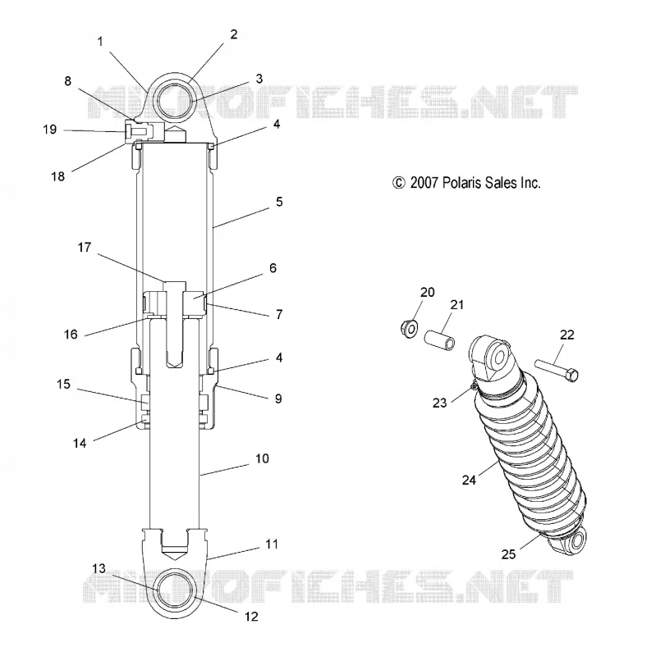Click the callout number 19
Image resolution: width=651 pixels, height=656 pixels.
(50, 130)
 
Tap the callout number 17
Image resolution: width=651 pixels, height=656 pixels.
(85, 248)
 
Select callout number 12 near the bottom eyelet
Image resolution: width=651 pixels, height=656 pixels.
(251, 617)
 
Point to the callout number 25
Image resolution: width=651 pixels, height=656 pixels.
(508, 554)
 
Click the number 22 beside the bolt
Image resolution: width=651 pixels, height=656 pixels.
(566, 335)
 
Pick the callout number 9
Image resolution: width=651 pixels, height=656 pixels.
(278, 399)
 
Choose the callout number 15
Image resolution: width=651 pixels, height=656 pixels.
(64, 384)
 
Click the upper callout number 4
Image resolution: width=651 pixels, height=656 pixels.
(277, 125)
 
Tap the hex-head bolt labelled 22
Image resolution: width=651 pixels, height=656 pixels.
(557, 370)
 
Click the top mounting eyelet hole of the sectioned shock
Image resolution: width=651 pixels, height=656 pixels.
(175, 100)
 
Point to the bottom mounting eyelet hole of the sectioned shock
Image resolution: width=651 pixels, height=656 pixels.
(175, 590)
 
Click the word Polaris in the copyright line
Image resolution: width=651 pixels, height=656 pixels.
(462, 183)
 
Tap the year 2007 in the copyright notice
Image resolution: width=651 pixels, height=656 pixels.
(424, 183)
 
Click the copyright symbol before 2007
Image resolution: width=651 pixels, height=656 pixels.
(399, 183)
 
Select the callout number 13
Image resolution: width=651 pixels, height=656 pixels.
(99, 568)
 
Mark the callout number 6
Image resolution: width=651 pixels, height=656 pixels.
(273, 268)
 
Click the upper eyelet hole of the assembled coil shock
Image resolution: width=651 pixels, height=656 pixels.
(499, 358)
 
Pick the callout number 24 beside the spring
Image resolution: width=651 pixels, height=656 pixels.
(470, 480)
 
